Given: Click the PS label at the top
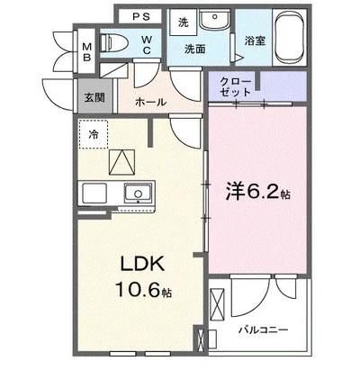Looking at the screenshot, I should (x=141, y=16).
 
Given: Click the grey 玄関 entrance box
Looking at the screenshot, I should (x=94, y=96).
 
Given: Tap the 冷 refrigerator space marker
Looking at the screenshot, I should (x=94, y=135).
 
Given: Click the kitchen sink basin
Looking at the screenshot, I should (x=138, y=193).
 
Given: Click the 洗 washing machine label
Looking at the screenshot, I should (x=183, y=21).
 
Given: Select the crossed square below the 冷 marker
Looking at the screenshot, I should (x=121, y=163).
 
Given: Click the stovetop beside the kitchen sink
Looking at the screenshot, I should (x=94, y=193).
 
